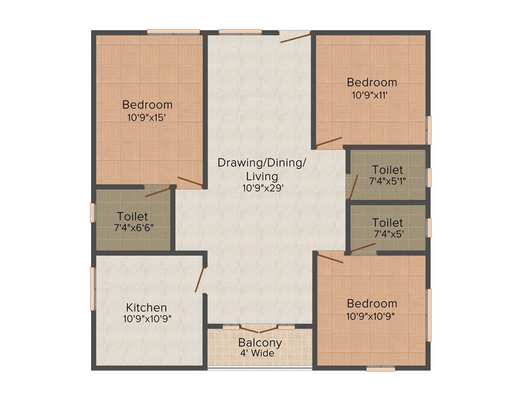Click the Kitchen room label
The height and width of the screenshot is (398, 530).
pos(146,307)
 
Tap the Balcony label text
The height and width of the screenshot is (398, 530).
pos(260,343)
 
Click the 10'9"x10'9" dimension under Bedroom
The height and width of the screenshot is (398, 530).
pos(371,316)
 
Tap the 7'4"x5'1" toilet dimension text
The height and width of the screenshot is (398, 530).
pos(387,181)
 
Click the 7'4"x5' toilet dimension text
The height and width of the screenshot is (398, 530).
pos(389,234)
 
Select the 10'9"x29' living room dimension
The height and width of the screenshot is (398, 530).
pos(262,188)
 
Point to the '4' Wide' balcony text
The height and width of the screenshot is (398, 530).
pos(257,353)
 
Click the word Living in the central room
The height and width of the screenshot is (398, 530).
pos(262,176)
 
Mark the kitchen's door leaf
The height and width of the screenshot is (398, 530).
pos(200,280)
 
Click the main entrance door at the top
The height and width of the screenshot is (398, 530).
pos(295,36)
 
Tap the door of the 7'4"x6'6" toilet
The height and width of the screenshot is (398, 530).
pos(157,192)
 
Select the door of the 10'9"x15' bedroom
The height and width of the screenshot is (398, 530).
pos(190,181)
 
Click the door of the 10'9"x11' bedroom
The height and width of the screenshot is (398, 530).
pos(329,141)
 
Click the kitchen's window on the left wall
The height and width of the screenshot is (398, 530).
pos(93,289)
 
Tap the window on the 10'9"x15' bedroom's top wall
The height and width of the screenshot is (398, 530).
pos(173,32)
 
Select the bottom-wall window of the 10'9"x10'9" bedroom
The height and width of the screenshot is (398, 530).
pos(380,369)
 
